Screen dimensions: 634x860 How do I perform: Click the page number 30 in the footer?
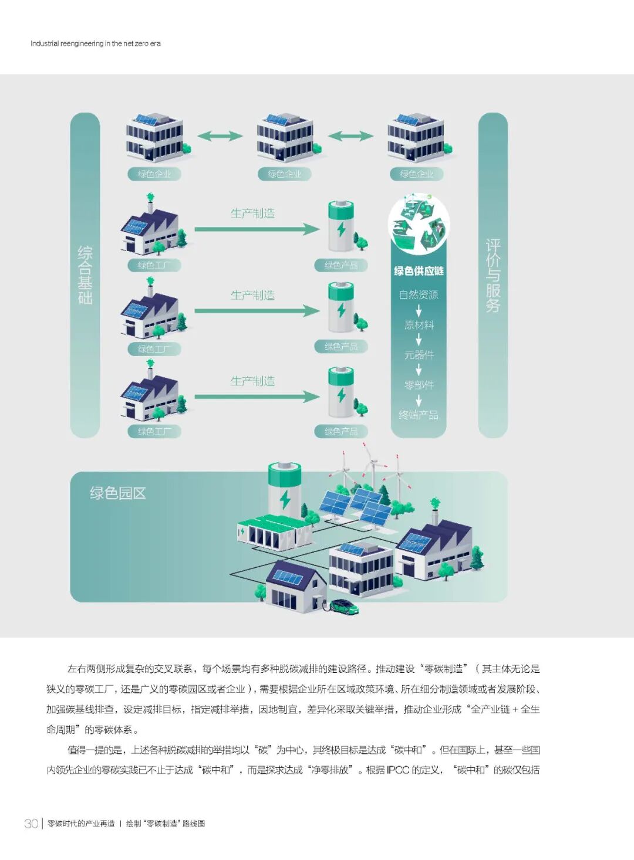pyautogui.click(x=31, y=823)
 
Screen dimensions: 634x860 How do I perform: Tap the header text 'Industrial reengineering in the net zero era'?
pyautogui.click(x=96, y=43)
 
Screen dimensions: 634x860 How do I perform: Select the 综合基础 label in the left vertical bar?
pyautogui.click(x=85, y=275)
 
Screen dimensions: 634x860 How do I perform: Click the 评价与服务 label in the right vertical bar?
pyautogui.click(x=493, y=275)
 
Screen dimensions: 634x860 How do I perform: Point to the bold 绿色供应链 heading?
pyautogui.click(x=419, y=271)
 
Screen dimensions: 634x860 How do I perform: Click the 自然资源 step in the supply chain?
pyautogui.click(x=419, y=294)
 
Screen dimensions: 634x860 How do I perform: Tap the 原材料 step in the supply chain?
pyautogui.click(x=419, y=325)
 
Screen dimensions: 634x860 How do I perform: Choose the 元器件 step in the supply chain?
pyautogui.click(x=419, y=355)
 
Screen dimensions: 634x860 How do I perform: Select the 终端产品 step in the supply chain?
pyautogui.click(x=419, y=415)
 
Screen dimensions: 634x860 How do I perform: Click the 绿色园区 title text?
pyautogui.click(x=117, y=493)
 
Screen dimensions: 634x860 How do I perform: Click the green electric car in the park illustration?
pyautogui.click(x=345, y=606)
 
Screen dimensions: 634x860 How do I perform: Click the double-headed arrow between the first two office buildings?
pyautogui.click(x=220, y=136)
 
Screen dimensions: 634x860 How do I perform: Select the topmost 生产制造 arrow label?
pyautogui.click(x=252, y=214)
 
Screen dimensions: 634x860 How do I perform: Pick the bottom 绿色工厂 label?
pyautogui.click(x=154, y=432)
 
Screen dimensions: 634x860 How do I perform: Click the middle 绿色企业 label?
pyautogui.click(x=285, y=174)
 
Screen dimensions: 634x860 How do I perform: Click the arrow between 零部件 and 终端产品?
pyautogui.click(x=419, y=401)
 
